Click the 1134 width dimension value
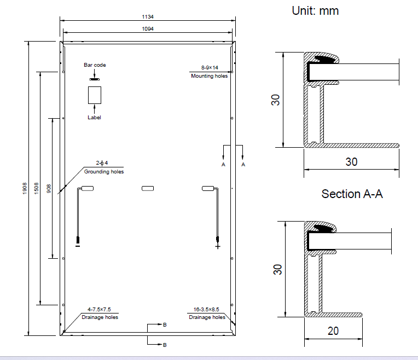click(148, 16)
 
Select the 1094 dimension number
click(148, 28)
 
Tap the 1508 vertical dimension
click(37, 188)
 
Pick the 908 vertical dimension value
click(49, 189)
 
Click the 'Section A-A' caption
click(352, 194)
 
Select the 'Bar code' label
click(95, 65)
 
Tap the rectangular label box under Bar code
click(95, 95)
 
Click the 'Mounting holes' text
click(209, 76)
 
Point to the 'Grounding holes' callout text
click(104, 172)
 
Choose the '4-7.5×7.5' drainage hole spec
click(100, 309)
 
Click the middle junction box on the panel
click(148, 189)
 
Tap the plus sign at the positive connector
click(218, 247)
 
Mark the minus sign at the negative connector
click(78, 247)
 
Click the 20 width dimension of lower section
click(333, 330)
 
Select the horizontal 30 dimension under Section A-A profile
click(351, 162)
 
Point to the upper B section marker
click(165, 325)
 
